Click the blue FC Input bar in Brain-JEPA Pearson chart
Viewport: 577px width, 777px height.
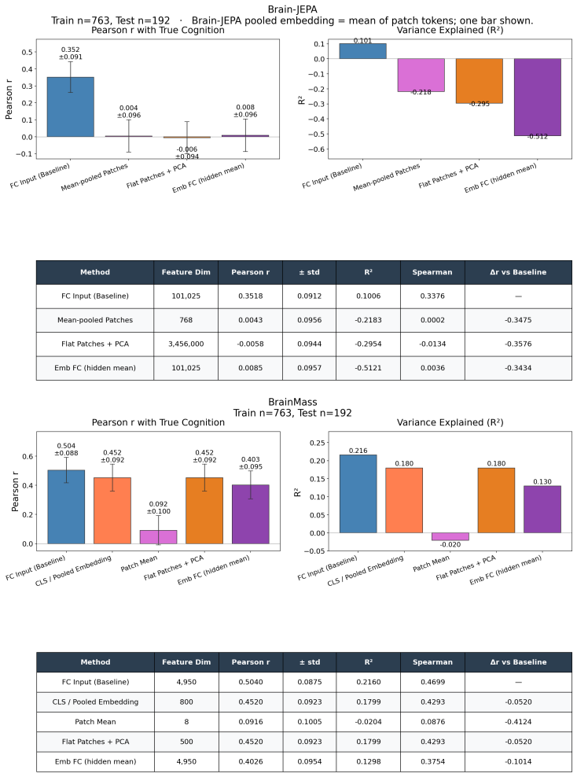pos(70,107)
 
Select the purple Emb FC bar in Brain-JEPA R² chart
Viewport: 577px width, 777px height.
pos(538,98)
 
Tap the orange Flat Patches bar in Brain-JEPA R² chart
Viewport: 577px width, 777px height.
pos(479,81)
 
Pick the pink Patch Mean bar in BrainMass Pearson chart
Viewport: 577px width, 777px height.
pos(159,537)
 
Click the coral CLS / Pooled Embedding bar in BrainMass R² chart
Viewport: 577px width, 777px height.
pos(404,500)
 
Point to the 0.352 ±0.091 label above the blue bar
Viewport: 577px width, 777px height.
pos(71,53)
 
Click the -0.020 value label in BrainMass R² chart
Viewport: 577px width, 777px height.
pos(450,544)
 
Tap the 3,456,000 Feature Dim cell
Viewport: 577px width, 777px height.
pos(186,344)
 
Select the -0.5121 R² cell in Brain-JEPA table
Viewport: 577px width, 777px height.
pos(368,368)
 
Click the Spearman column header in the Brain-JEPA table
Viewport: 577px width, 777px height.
pos(432,272)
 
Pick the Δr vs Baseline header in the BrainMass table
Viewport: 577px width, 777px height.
pos(519,662)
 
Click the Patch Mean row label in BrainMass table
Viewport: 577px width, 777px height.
pos(95,721)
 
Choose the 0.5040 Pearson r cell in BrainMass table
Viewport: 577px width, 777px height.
pos(251,682)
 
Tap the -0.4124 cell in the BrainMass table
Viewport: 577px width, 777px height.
pos(519,721)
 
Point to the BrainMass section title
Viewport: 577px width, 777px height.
pos(292,402)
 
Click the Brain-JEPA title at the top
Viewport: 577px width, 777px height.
pos(292,9)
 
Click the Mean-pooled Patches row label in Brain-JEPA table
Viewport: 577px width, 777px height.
pos(95,320)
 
